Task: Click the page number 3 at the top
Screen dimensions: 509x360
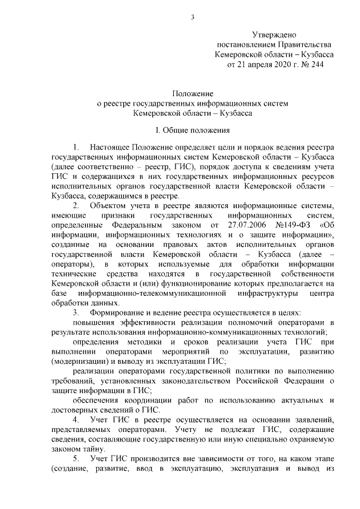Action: tap(192, 16)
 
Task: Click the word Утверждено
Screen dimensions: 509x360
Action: tap(274, 35)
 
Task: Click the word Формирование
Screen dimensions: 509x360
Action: tap(118, 312)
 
